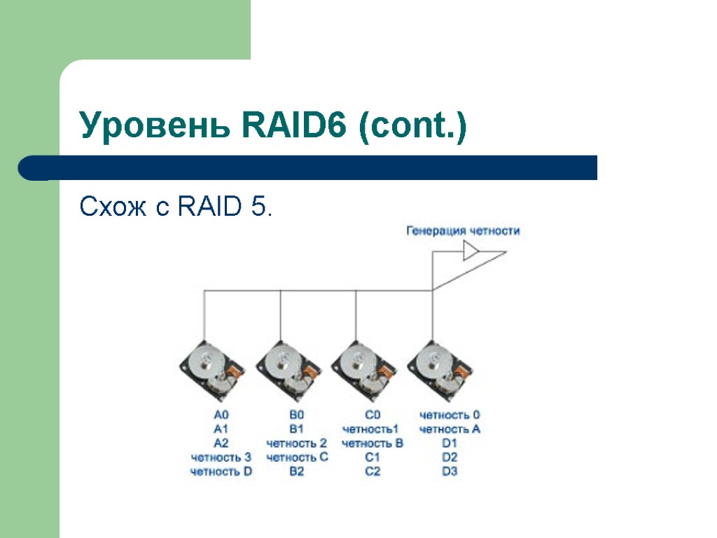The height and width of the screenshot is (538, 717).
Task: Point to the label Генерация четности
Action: click(x=463, y=230)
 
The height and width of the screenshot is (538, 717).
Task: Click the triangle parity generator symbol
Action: click(x=471, y=251)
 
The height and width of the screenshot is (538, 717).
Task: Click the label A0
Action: click(x=221, y=415)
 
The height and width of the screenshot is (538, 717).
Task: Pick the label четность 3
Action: click(x=221, y=457)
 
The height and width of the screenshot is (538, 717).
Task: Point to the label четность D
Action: click(x=221, y=471)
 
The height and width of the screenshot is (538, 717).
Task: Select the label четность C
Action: click(x=297, y=457)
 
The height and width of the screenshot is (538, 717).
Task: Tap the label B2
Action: click(x=297, y=471)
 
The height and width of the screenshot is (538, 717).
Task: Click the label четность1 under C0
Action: click(x=372, y=429)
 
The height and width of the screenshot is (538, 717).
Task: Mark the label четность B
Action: click(x=372, y=443)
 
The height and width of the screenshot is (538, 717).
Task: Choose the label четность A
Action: click(x=450, y=429)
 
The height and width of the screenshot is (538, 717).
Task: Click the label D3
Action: click(x=450, y=471)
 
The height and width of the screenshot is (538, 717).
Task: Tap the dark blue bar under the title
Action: click(x=308, y=168)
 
